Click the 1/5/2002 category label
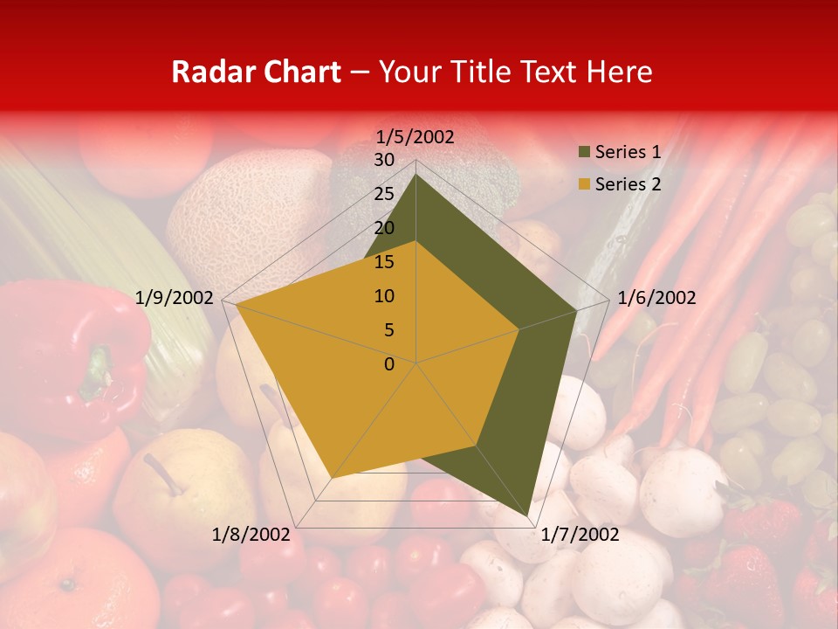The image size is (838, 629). pos(416,137)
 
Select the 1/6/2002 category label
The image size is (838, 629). pos(656,299)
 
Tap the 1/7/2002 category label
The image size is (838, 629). pos(580,535)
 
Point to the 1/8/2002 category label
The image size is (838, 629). pos(251,535)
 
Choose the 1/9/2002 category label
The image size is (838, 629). pos(175,299)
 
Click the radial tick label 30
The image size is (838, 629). pos(384,160)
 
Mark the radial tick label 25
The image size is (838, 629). pos(384,194)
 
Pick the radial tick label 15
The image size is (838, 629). pos(384,262)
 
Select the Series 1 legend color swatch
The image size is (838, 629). pos(582,153)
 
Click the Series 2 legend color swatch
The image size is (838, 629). pos(582,184)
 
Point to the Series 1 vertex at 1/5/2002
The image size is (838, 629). pos(416,175)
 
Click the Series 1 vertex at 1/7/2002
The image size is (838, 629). pos(528,516)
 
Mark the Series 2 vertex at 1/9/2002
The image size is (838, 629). pos(237,306)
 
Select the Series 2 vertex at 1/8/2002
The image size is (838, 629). pos(332,478)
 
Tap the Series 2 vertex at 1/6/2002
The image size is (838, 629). pos(519,329)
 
